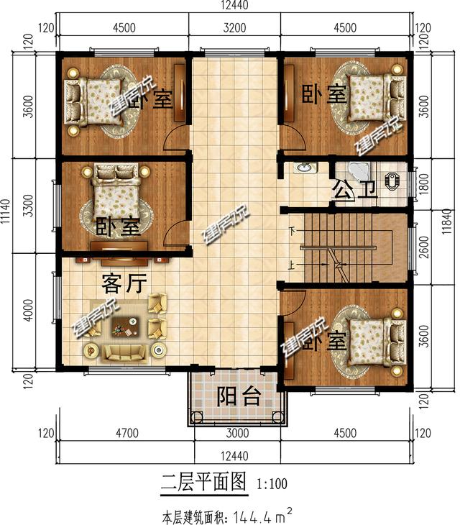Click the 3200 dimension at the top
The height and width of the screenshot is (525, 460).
(x=234, y=29)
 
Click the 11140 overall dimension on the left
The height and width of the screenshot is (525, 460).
(x=7, y=216)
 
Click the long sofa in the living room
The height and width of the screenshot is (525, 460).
(x=124, y=352)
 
